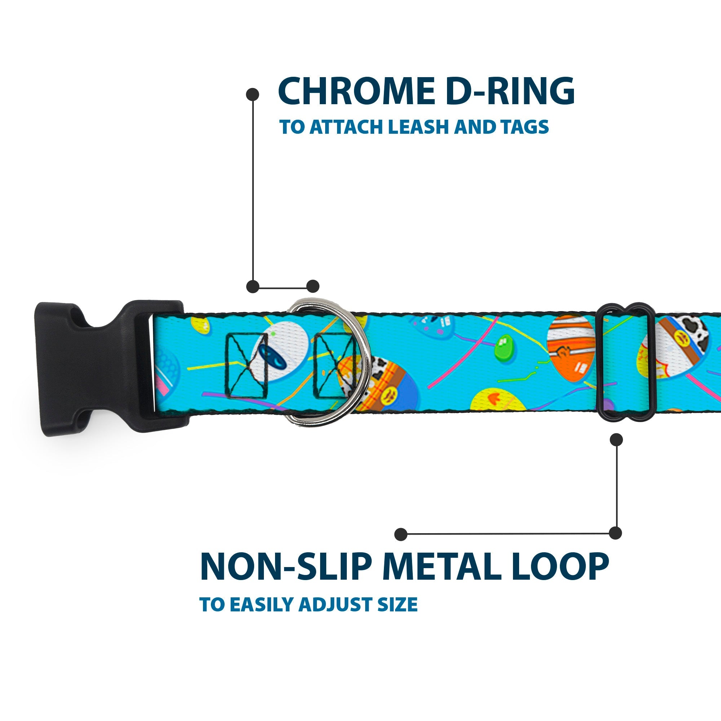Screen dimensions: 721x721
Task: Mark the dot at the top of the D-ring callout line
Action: click(253, 94)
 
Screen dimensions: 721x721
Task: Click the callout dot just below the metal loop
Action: click(616, 439)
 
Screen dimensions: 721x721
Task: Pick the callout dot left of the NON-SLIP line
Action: click(401, 534)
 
